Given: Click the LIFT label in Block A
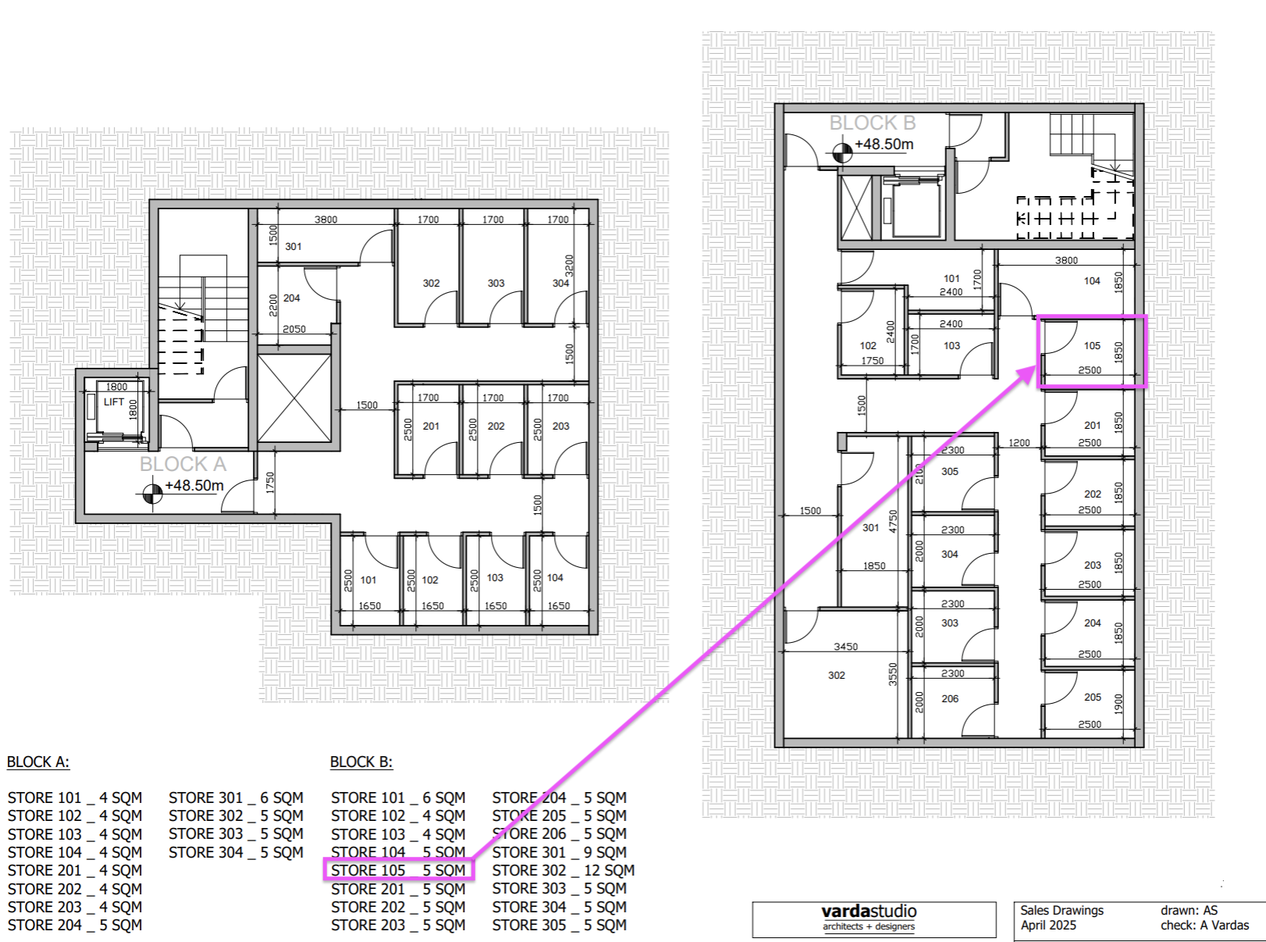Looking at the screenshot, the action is [x=114, y=402].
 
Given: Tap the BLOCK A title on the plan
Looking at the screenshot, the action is [x=183, y=464].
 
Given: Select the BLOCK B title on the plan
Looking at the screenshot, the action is [x=872, y=123].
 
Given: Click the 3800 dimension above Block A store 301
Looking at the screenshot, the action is [x=326, y=219].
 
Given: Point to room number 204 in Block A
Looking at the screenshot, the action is [x=291, y=298].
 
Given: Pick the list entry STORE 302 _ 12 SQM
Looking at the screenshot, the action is [x=564, y=871].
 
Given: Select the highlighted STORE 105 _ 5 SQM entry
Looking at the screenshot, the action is [x=398, y=871].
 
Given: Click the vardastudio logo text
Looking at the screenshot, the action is [x=869, y=912].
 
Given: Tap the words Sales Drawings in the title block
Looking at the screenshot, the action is [x=1062, y=911].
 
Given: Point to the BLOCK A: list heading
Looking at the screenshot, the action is [x=38, y=762].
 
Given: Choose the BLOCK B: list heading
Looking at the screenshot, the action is [x=361, y=762].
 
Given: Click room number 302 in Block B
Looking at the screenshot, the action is [x=836, y=675].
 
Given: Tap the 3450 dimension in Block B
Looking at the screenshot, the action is [x=845, y=647].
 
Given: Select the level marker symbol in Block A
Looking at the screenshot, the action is [x=152, y=494].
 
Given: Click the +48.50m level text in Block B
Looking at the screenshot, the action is [x=884, y=144].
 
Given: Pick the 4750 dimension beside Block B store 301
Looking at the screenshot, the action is [x=893, y=522].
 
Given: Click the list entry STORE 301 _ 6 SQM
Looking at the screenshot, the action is [x=236, y=797].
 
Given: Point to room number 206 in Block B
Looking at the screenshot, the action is [x=950, y=698].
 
